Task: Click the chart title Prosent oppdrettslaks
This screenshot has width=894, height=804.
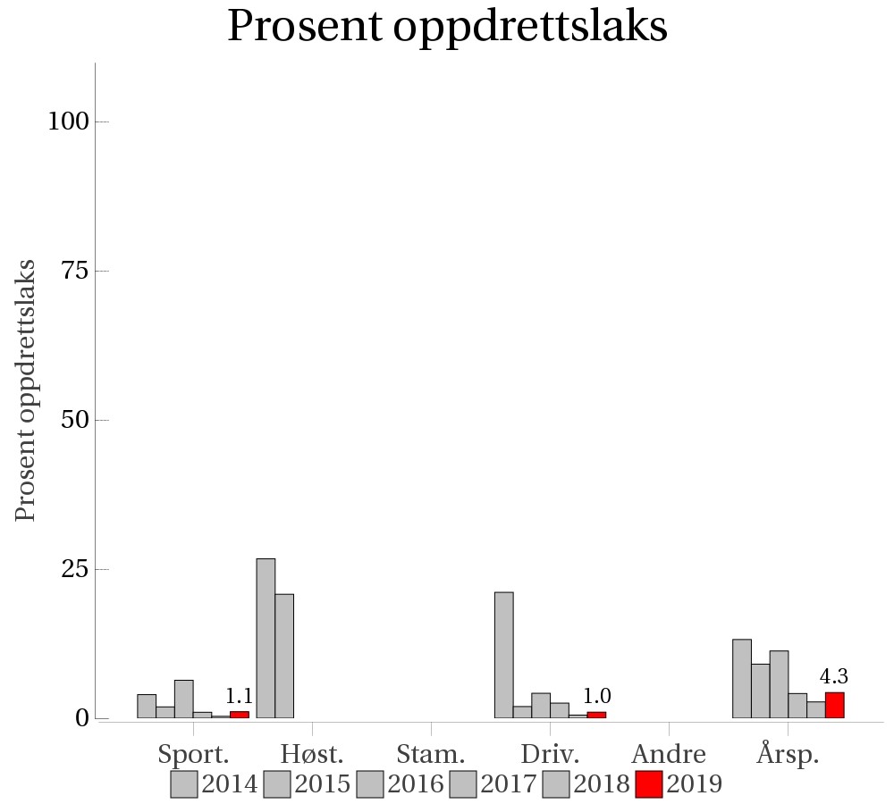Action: pyautogui.click(x=447, y=27)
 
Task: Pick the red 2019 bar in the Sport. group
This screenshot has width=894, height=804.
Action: pyautogui.click(x=240, y=715)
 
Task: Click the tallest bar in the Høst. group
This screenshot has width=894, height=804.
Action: pyautogui.click(x=266, y=638)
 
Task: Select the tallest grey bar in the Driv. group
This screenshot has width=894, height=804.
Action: pyautogui.click(x=504, y=655)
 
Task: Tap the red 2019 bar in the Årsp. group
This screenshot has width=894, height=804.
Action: pyautogui.click(x=834, y=705)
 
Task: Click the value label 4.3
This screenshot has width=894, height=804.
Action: pyautogui.click(x=834, y=676)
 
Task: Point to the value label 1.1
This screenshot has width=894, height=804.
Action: pyautogui.click(x=239, y=696)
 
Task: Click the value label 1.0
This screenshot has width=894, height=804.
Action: pyautogui.click(x=597, y=696)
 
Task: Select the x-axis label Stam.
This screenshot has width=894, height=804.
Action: pyautogui.click(x=431, y=753)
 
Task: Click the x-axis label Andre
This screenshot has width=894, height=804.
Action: pyautogui.click(x=669, y=753)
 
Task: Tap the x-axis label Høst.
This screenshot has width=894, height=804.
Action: pyautogui.click(x=312, y=753)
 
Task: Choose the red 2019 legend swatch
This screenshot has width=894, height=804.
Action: pyautogui.click(x=649, y=784)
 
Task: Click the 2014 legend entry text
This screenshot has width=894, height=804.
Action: pyautogui.click(x=230, y=784)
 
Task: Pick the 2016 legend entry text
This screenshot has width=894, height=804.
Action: pyautogui.click(x=416, y=784)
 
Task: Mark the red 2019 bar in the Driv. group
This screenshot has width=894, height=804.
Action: pyautogui.click(x=596, y=715)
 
